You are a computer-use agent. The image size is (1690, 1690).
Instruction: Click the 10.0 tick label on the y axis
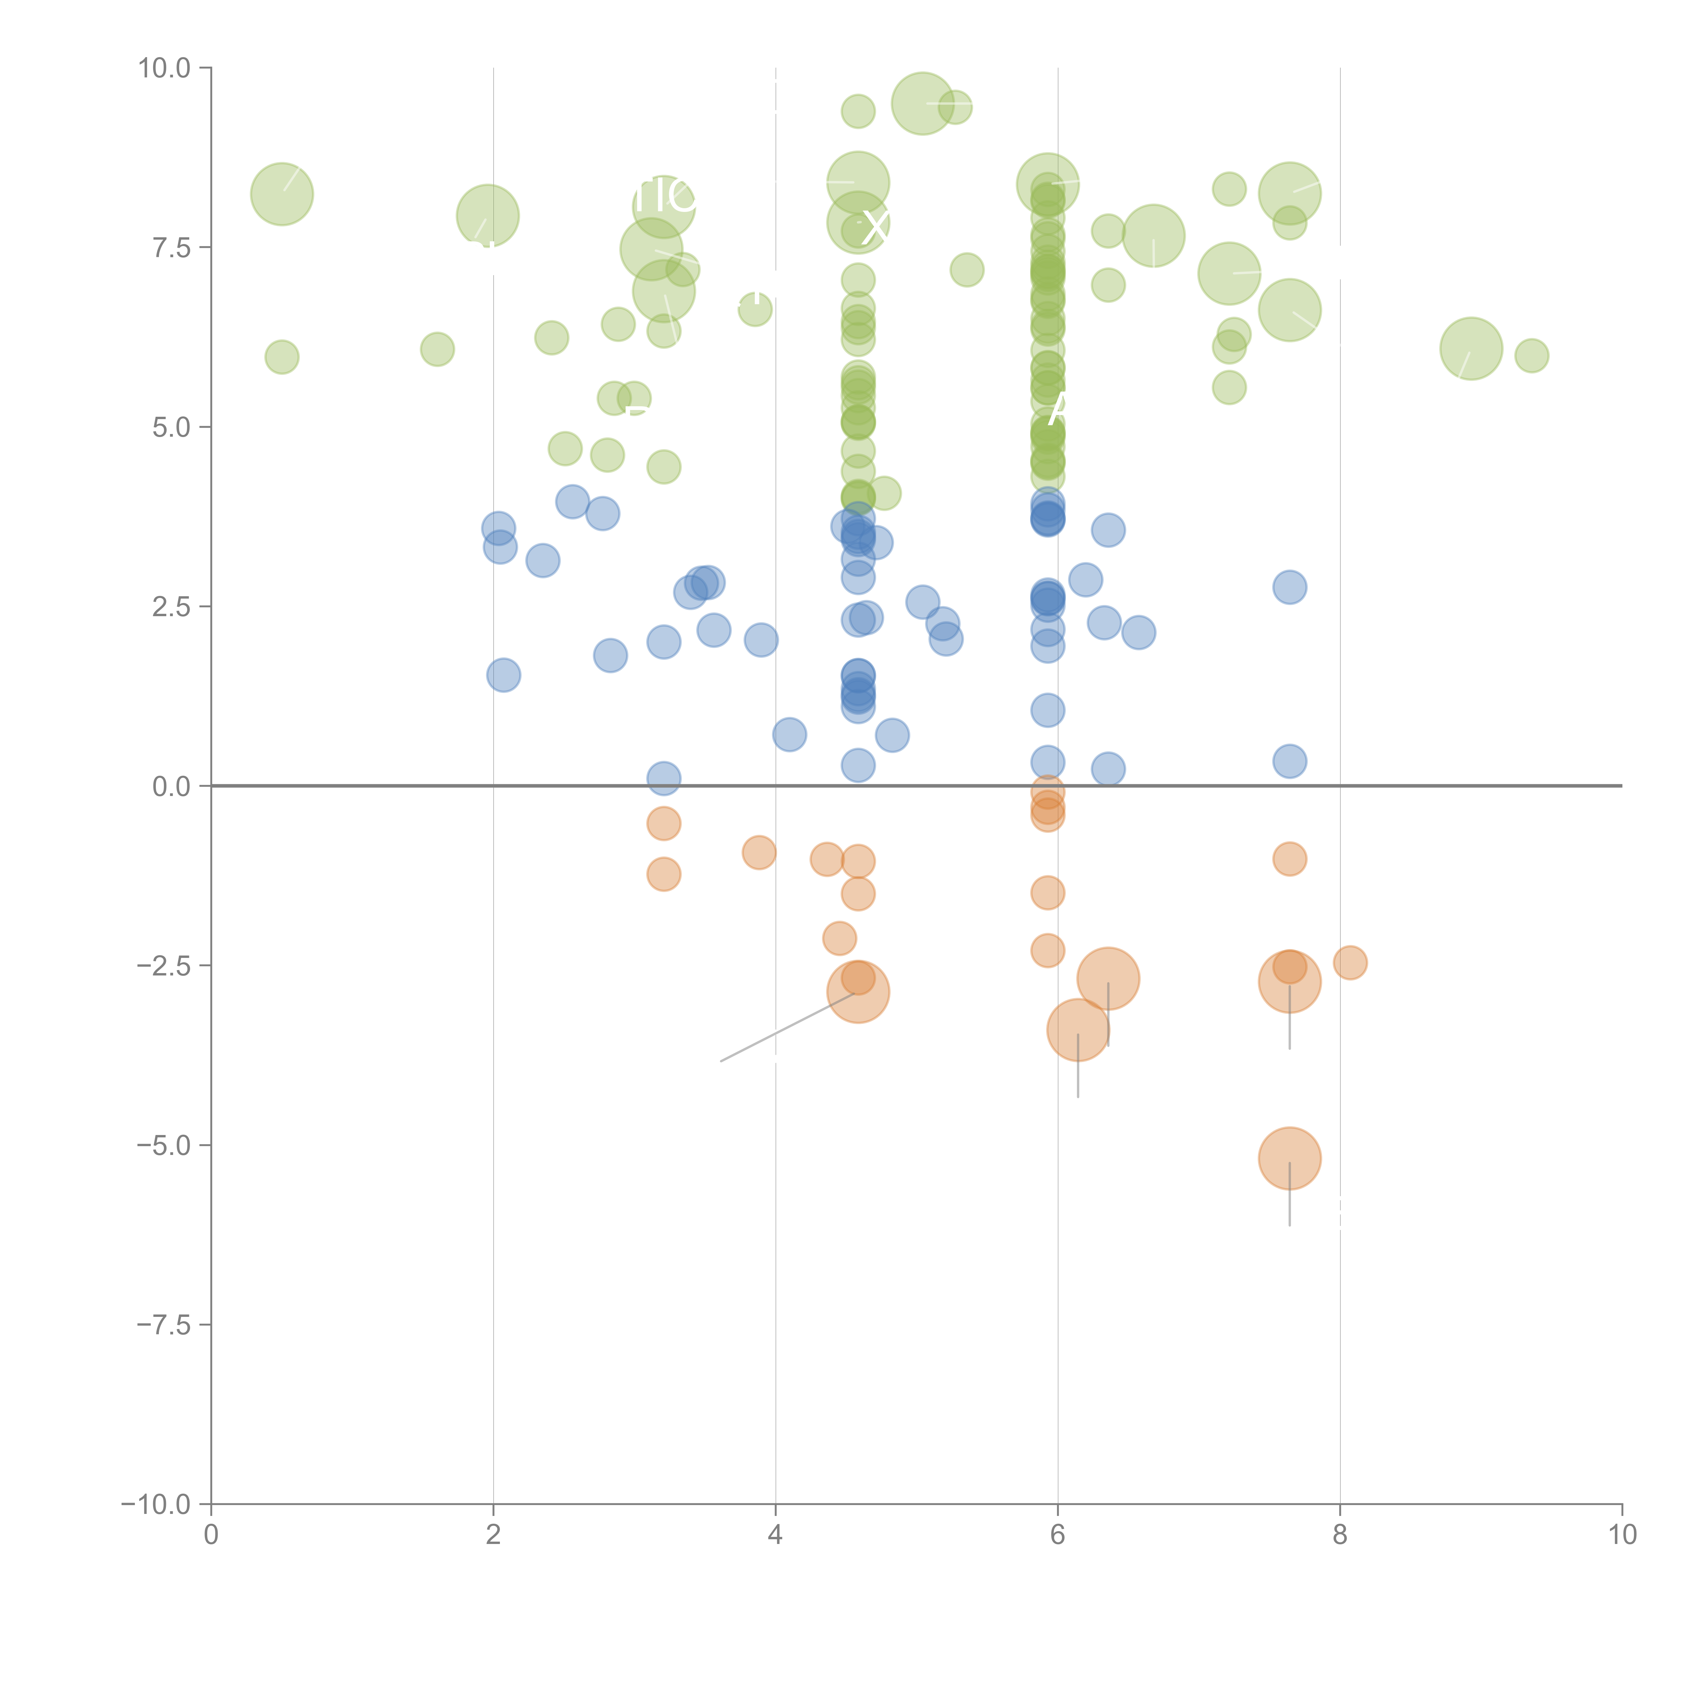click(165, 68)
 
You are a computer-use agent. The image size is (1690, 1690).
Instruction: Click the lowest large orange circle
click(1289, 1158)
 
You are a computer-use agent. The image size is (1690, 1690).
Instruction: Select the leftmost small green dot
click(282, 357)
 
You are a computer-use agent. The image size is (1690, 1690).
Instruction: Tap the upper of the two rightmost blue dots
click(1289, 587)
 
